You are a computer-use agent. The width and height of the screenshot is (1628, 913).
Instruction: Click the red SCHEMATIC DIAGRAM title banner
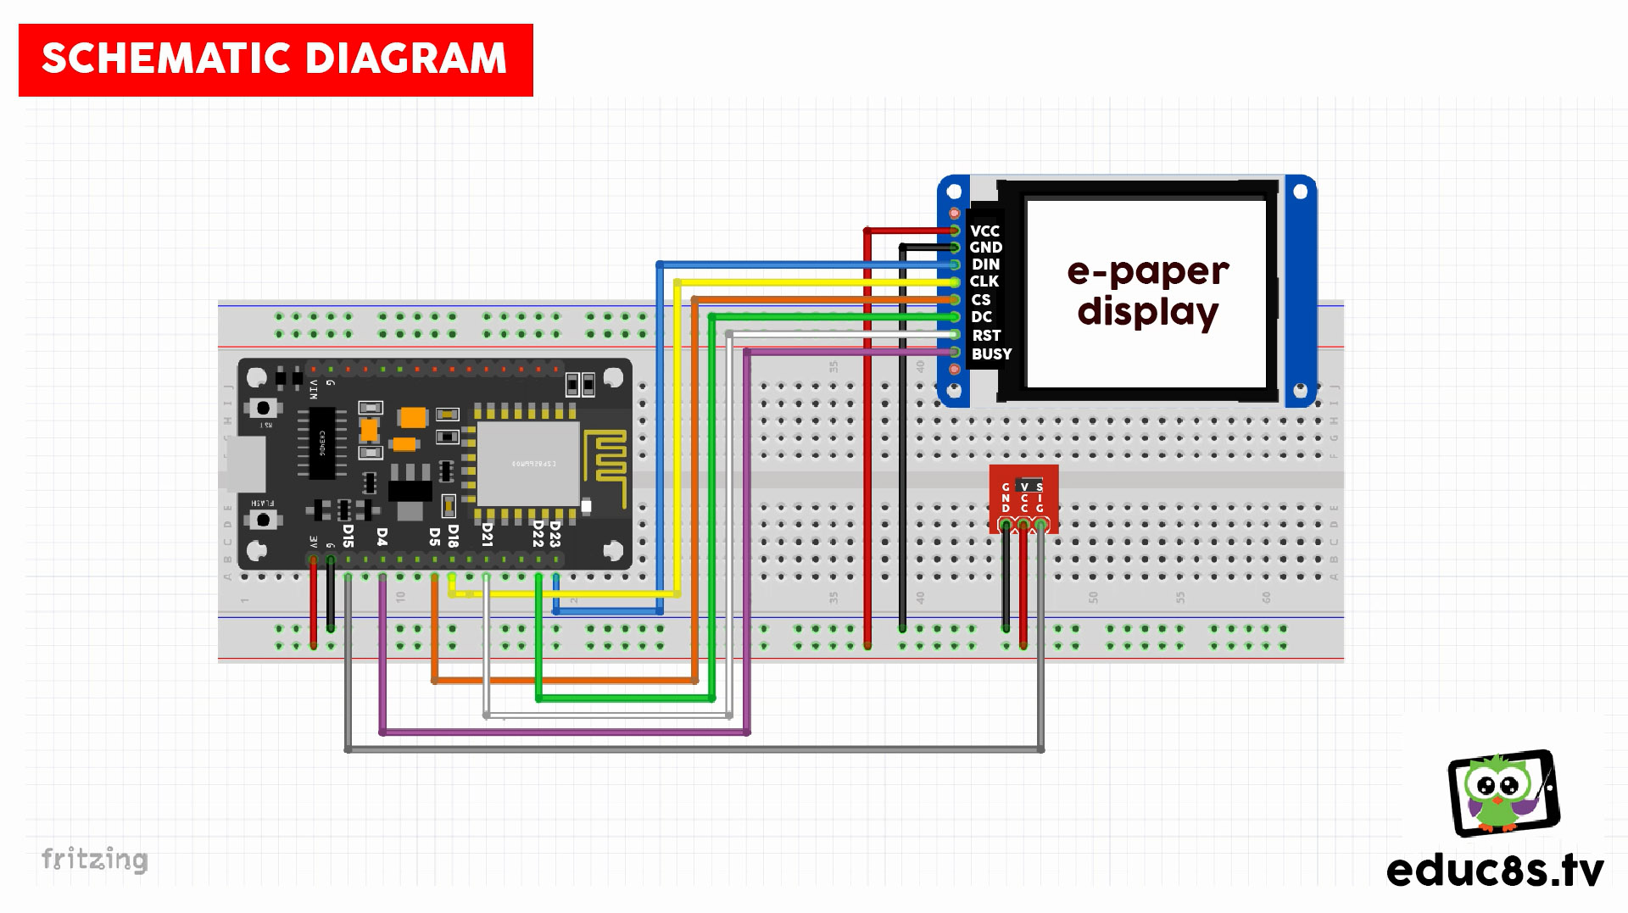click(x=276, y=59)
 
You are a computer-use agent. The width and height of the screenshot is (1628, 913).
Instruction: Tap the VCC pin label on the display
click(x=984, y=231)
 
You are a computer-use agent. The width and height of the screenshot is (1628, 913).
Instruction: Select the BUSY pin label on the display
click(x=991, y=354)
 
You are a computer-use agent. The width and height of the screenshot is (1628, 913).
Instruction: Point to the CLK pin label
click(x=984, y=281)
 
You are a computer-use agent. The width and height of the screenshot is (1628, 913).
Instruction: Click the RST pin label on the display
click(x=985, y=335)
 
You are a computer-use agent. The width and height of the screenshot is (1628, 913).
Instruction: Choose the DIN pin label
click(x=985, y=264)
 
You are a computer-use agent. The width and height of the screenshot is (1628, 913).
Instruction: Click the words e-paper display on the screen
click(x=1147, y=291)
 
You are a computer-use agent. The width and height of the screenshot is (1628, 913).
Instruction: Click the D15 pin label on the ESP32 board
click(x=348, y=535)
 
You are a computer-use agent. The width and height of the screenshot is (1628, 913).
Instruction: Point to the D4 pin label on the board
click(x=382, y=537)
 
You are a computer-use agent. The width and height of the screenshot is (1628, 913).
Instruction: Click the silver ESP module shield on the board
click(x=527, y=463)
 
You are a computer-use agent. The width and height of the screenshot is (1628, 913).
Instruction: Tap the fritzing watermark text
click(x=95, y=859)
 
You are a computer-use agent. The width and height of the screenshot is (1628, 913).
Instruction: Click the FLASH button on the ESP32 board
click(x=264, y=518)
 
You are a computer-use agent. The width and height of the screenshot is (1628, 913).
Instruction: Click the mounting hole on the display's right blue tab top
click(x=1301, y=192)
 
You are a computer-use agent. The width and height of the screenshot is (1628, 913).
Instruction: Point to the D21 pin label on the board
click(x=487, y=533)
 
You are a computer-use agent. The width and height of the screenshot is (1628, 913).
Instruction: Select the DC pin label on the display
click(x=981, y=316)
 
